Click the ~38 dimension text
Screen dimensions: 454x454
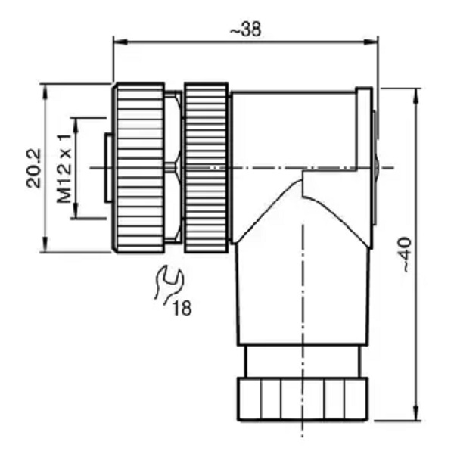click(x=245, y=29)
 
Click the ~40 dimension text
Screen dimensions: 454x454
click(x=407, y=254)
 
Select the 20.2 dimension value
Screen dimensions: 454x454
click(x=33, y=168)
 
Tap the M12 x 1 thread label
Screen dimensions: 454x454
click(x=64, y=169)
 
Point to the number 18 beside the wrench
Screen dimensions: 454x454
click(x=182, y=308)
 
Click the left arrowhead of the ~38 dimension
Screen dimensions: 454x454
click(x=120, y=42)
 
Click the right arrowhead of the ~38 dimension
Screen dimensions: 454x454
click(x=371, y=42)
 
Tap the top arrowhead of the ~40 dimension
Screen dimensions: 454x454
click(x=417, y=96)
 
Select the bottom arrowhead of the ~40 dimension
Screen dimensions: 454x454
click(x=417, y=413)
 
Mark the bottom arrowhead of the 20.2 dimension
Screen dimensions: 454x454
click(x=45, y=244)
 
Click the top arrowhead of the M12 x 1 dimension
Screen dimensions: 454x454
click(x=76, y=126)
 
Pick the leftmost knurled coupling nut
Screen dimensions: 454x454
click(x=138, y=168)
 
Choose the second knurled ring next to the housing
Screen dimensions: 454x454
click(x=206, y=168)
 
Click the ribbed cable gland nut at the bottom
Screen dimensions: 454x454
click(x=303, y=399)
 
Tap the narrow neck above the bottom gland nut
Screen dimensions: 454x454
click(x=303, y=361)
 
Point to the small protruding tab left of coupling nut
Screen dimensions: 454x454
click(x=108, y=168)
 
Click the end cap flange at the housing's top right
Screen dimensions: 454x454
click(x=364, y=127)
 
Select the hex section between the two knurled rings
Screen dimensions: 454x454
click(x=174, y=167)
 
